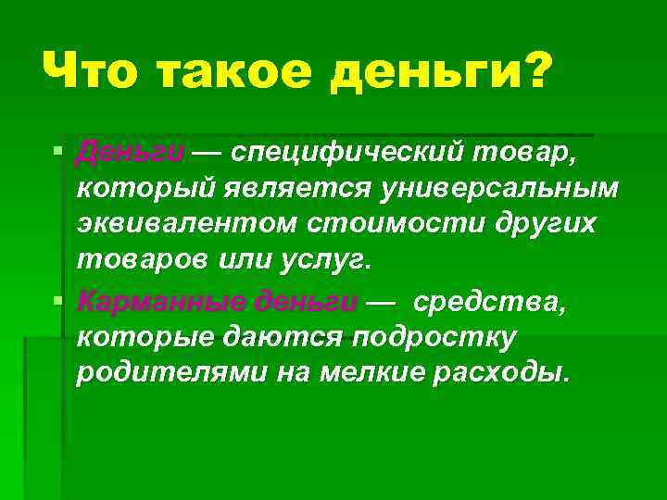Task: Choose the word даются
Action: coord(283,339)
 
